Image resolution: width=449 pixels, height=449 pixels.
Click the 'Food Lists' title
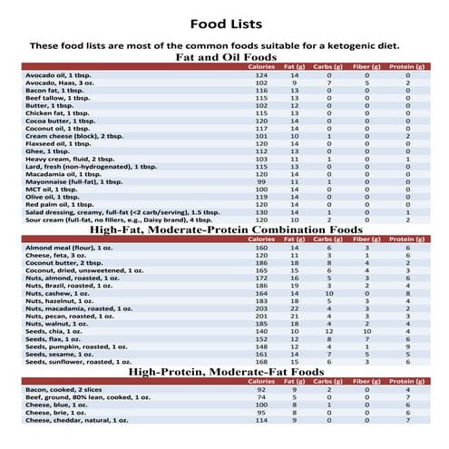[x=223, y=22]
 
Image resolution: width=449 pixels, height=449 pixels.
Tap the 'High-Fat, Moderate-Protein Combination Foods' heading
[x=223, y=230]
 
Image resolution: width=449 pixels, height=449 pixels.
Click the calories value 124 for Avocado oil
[x=263, y=75]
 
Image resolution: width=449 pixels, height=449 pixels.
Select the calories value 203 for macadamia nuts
[x=263, y=308]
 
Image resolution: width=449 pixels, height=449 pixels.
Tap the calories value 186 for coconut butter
[x=263, y=262]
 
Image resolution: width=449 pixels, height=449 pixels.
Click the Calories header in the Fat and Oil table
[x=262, y=67]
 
